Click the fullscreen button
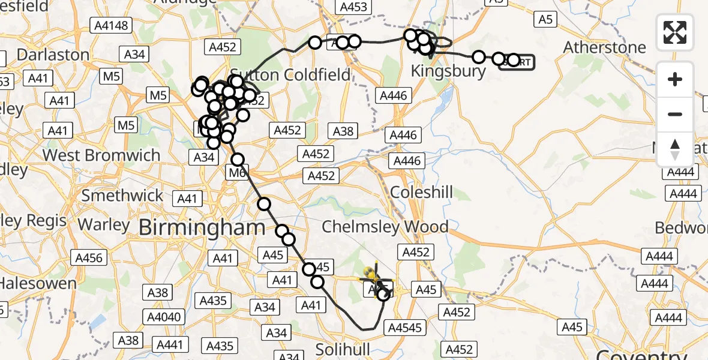675,32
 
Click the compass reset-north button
675,149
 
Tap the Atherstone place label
605,47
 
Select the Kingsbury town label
448,71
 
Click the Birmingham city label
202,227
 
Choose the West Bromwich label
102,155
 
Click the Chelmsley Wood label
385,227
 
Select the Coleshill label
422,193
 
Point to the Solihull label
341,349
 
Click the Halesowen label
38,283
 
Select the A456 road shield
89,258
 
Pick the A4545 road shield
407,328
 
